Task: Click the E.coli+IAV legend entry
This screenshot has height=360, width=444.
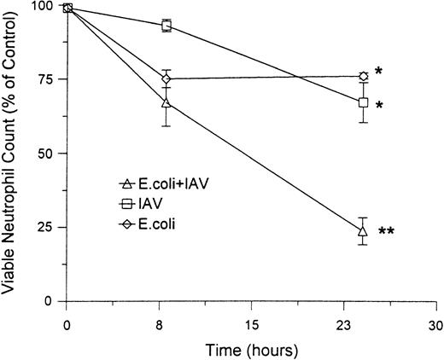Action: [161, 184]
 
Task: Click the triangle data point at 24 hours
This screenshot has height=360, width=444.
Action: [363, 231]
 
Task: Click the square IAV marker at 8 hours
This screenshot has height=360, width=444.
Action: [166, 26]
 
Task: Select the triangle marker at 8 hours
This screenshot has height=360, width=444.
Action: [166, 103]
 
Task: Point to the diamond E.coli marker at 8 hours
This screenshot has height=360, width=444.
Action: [166, 79]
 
